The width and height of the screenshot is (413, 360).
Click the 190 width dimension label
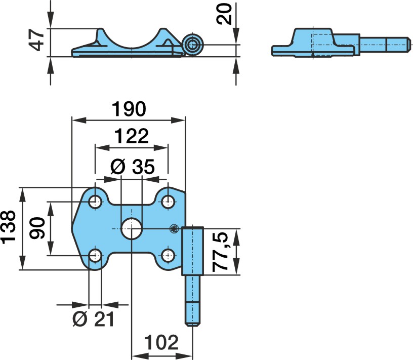(129, 109)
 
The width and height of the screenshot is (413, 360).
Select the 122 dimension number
(132, 136)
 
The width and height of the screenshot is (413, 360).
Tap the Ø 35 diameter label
(132, 167)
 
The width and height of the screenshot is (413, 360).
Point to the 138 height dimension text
(9, 227)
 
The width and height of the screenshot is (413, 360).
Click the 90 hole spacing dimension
(37, 228)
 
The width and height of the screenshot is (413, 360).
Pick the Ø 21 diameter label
(93, 319)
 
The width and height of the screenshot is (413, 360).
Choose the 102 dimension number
(161, 342)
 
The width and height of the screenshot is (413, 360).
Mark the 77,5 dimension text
(221, 252)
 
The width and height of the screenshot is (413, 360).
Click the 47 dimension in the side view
(36, 40)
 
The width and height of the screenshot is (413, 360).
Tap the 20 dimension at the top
(224, 14)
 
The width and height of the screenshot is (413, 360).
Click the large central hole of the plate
(132, 229)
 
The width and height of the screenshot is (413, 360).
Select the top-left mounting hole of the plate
(95, 202)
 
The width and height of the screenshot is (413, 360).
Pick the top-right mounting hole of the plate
(168, 202)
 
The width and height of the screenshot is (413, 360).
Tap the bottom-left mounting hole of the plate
(95, 255)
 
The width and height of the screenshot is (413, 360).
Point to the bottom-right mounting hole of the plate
(168, 255)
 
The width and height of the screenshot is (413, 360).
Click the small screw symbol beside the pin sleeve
(174, 228)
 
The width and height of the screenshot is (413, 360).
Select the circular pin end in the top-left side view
(192, 45)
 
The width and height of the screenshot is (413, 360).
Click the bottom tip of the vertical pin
(193, 326)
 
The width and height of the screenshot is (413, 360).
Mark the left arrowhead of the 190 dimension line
(79, 121)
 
